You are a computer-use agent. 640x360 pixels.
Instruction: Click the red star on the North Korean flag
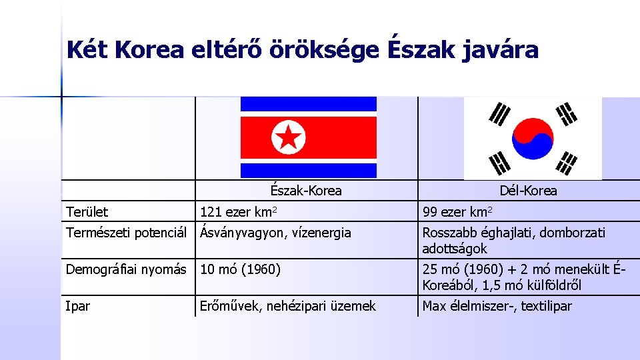point(288,137)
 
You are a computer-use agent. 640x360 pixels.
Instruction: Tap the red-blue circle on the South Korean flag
point(533,139)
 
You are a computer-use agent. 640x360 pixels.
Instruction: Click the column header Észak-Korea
point(306,191)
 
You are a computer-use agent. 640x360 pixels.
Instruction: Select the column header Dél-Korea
point(529,191)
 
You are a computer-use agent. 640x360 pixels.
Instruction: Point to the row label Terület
point(87,212)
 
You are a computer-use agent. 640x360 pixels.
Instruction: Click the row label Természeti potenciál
point(127,233)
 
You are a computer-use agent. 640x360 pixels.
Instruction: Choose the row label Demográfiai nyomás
point(126,269)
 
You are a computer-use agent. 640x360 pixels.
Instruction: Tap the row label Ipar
point(77,306)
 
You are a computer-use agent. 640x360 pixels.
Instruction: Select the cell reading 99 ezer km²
point(457,212)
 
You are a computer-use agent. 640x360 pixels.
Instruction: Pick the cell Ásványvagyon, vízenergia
point(275,233)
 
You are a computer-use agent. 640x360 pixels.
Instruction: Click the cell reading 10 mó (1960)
point(240,269)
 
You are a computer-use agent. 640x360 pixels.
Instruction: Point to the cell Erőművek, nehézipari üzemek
point(288,306)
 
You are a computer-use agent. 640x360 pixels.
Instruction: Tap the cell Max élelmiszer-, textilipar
point(497,306)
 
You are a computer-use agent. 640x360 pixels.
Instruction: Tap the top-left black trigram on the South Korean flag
point(499,115)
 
